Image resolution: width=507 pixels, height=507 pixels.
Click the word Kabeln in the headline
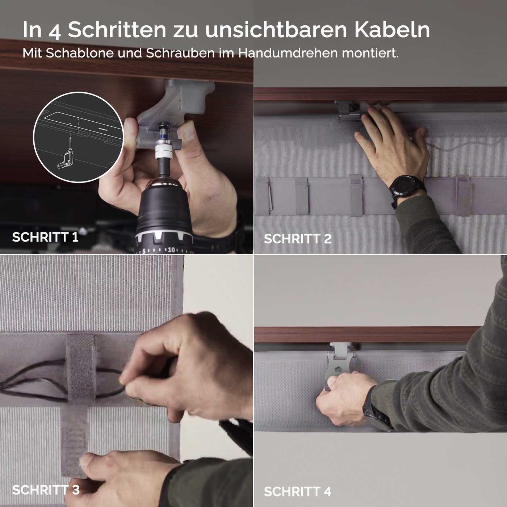[392, 30]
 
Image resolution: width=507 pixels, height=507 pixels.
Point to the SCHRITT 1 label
[45, 237]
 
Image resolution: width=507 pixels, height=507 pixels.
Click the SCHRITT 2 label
[297, 239]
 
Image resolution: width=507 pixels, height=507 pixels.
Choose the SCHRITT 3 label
[46, 490]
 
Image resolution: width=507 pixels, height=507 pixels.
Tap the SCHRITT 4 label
[297, 492]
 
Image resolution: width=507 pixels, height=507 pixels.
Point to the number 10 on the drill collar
[171, 250]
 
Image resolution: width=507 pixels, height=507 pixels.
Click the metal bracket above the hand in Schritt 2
[348, 110]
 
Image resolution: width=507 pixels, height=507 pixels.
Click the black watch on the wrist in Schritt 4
[377, 413]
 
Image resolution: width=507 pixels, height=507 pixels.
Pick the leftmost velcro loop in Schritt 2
[262, 196]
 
